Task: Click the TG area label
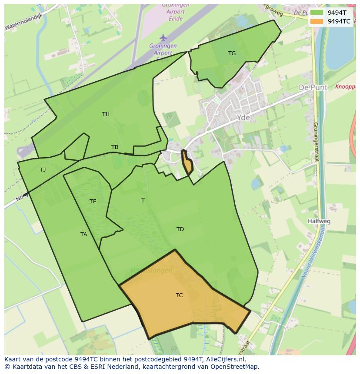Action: (232, 53)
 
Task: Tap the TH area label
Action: (106, 114)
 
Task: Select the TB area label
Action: (115, 147)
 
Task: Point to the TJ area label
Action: (43, 169)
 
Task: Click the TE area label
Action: (93, 202)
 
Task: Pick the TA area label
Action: (83, 235)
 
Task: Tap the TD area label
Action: (180, 229)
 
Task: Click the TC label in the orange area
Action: (179, 295)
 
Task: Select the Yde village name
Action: (244, 118)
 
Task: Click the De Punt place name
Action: (313, 87)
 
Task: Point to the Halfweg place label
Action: (319, 221)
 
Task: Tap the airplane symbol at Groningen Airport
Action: (163, 38)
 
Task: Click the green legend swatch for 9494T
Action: (317, 13)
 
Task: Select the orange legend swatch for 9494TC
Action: (317, 21)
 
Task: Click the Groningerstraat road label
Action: (316, 142)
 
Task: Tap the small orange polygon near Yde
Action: (187, 163)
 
